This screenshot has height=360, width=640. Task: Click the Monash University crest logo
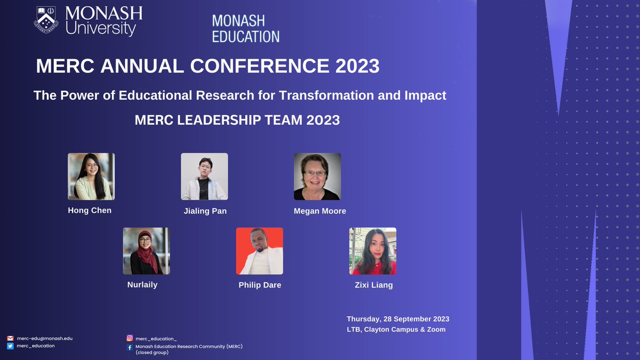pyautogui.click(x=46, y=20)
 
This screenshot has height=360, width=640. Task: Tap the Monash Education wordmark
pyautogui.click(x=245, y=29)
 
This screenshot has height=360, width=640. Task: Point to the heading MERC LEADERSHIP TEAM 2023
pyautogui.click(x=237, y=120)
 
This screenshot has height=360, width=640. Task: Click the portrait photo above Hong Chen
pyautogui.click(x=91, y=177)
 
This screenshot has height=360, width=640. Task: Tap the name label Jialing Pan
pyautogui.click(x=205, y=211)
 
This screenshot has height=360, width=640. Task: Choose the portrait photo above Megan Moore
pyautogui.click(x=317, y=177)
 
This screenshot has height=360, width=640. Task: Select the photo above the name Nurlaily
pyautogui.click(x=147, y=251)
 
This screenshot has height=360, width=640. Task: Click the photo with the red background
pyautogui.click(x=260, y=251)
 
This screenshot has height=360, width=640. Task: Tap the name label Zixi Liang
pyautogui.click(x=374, y=285)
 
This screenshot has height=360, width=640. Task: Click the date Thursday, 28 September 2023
pyautogui.click(x=398, y=319)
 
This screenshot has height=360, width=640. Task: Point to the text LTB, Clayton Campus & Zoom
pyautogui.click(x=396, y=330)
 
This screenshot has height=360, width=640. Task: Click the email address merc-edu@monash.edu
pyautogui.click(x=44, y=338)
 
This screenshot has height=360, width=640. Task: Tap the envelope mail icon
pyautogui.click(x=10, y=338)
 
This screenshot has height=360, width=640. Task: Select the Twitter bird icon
pyautogui.click(x=10, y=346)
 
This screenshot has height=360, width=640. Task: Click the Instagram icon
pyautogui.click(x=130, y=338)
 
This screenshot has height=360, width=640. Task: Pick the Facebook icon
pyautogui.click(x=130, y=347)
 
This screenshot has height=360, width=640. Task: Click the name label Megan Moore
pyautogui.click(x=320, y=211)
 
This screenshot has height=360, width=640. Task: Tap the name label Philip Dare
pyautogui.click(x=260, y=285)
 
